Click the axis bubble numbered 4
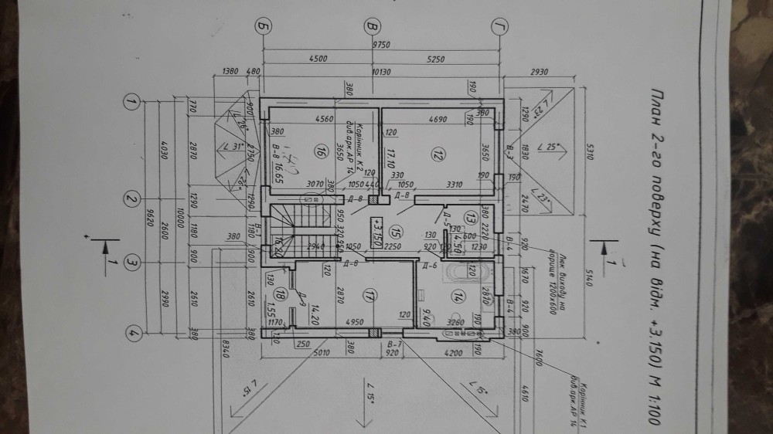point(133,334)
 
